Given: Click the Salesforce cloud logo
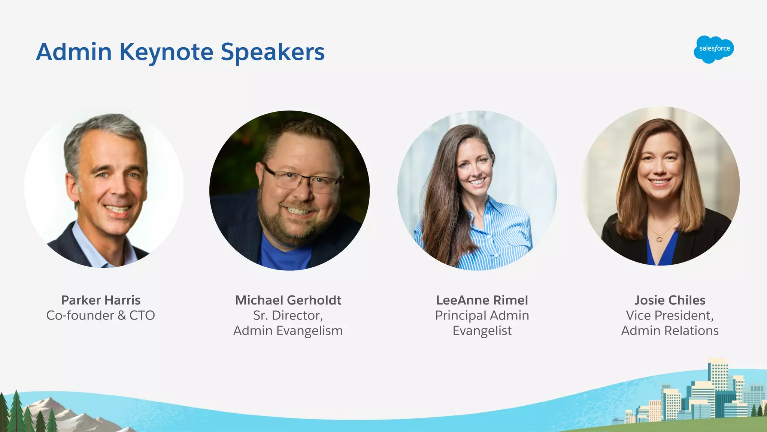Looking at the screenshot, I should [714, 49].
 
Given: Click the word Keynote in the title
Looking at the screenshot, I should [166, 52].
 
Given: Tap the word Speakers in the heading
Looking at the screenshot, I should [273, 52].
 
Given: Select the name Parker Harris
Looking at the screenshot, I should [101, 300].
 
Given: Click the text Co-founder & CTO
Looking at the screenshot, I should [101, 315].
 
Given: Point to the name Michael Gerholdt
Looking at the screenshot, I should [288, 300].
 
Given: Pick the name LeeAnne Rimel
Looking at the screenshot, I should [482, 300].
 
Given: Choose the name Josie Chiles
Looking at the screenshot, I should [670, 300].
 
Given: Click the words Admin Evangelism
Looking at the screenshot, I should [288, 331].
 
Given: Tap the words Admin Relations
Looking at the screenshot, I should [670, 331].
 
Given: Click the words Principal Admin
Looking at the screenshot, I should [482, 315].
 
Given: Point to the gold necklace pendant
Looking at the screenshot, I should [660, 238].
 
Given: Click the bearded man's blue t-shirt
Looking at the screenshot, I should [285, 255].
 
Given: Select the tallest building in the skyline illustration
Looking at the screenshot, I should [718, 375].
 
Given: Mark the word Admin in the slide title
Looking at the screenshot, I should [74, 52].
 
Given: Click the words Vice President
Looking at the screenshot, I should [670, 315].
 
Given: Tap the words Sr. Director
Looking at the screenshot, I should [288, 315].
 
